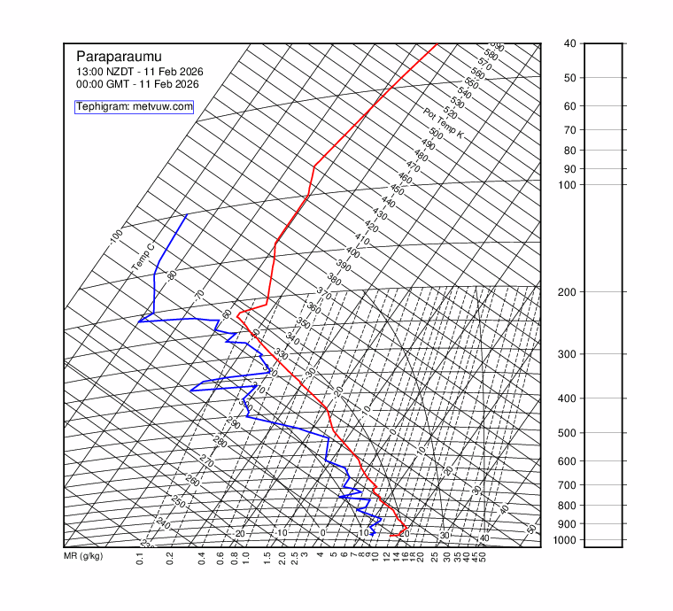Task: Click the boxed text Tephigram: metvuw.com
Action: [134, 107]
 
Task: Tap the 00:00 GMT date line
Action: [137, 83]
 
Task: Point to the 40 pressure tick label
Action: [569, 43]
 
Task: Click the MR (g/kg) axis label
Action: [83, 557]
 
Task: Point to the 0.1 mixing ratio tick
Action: [140, 559]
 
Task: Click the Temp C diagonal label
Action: [143, 257]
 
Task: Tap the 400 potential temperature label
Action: [352, 252]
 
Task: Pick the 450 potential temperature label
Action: [397, 190]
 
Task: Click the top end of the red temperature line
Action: [437, 44]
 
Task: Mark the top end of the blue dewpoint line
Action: [186, 215]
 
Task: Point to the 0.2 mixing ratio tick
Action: [168, 559]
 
